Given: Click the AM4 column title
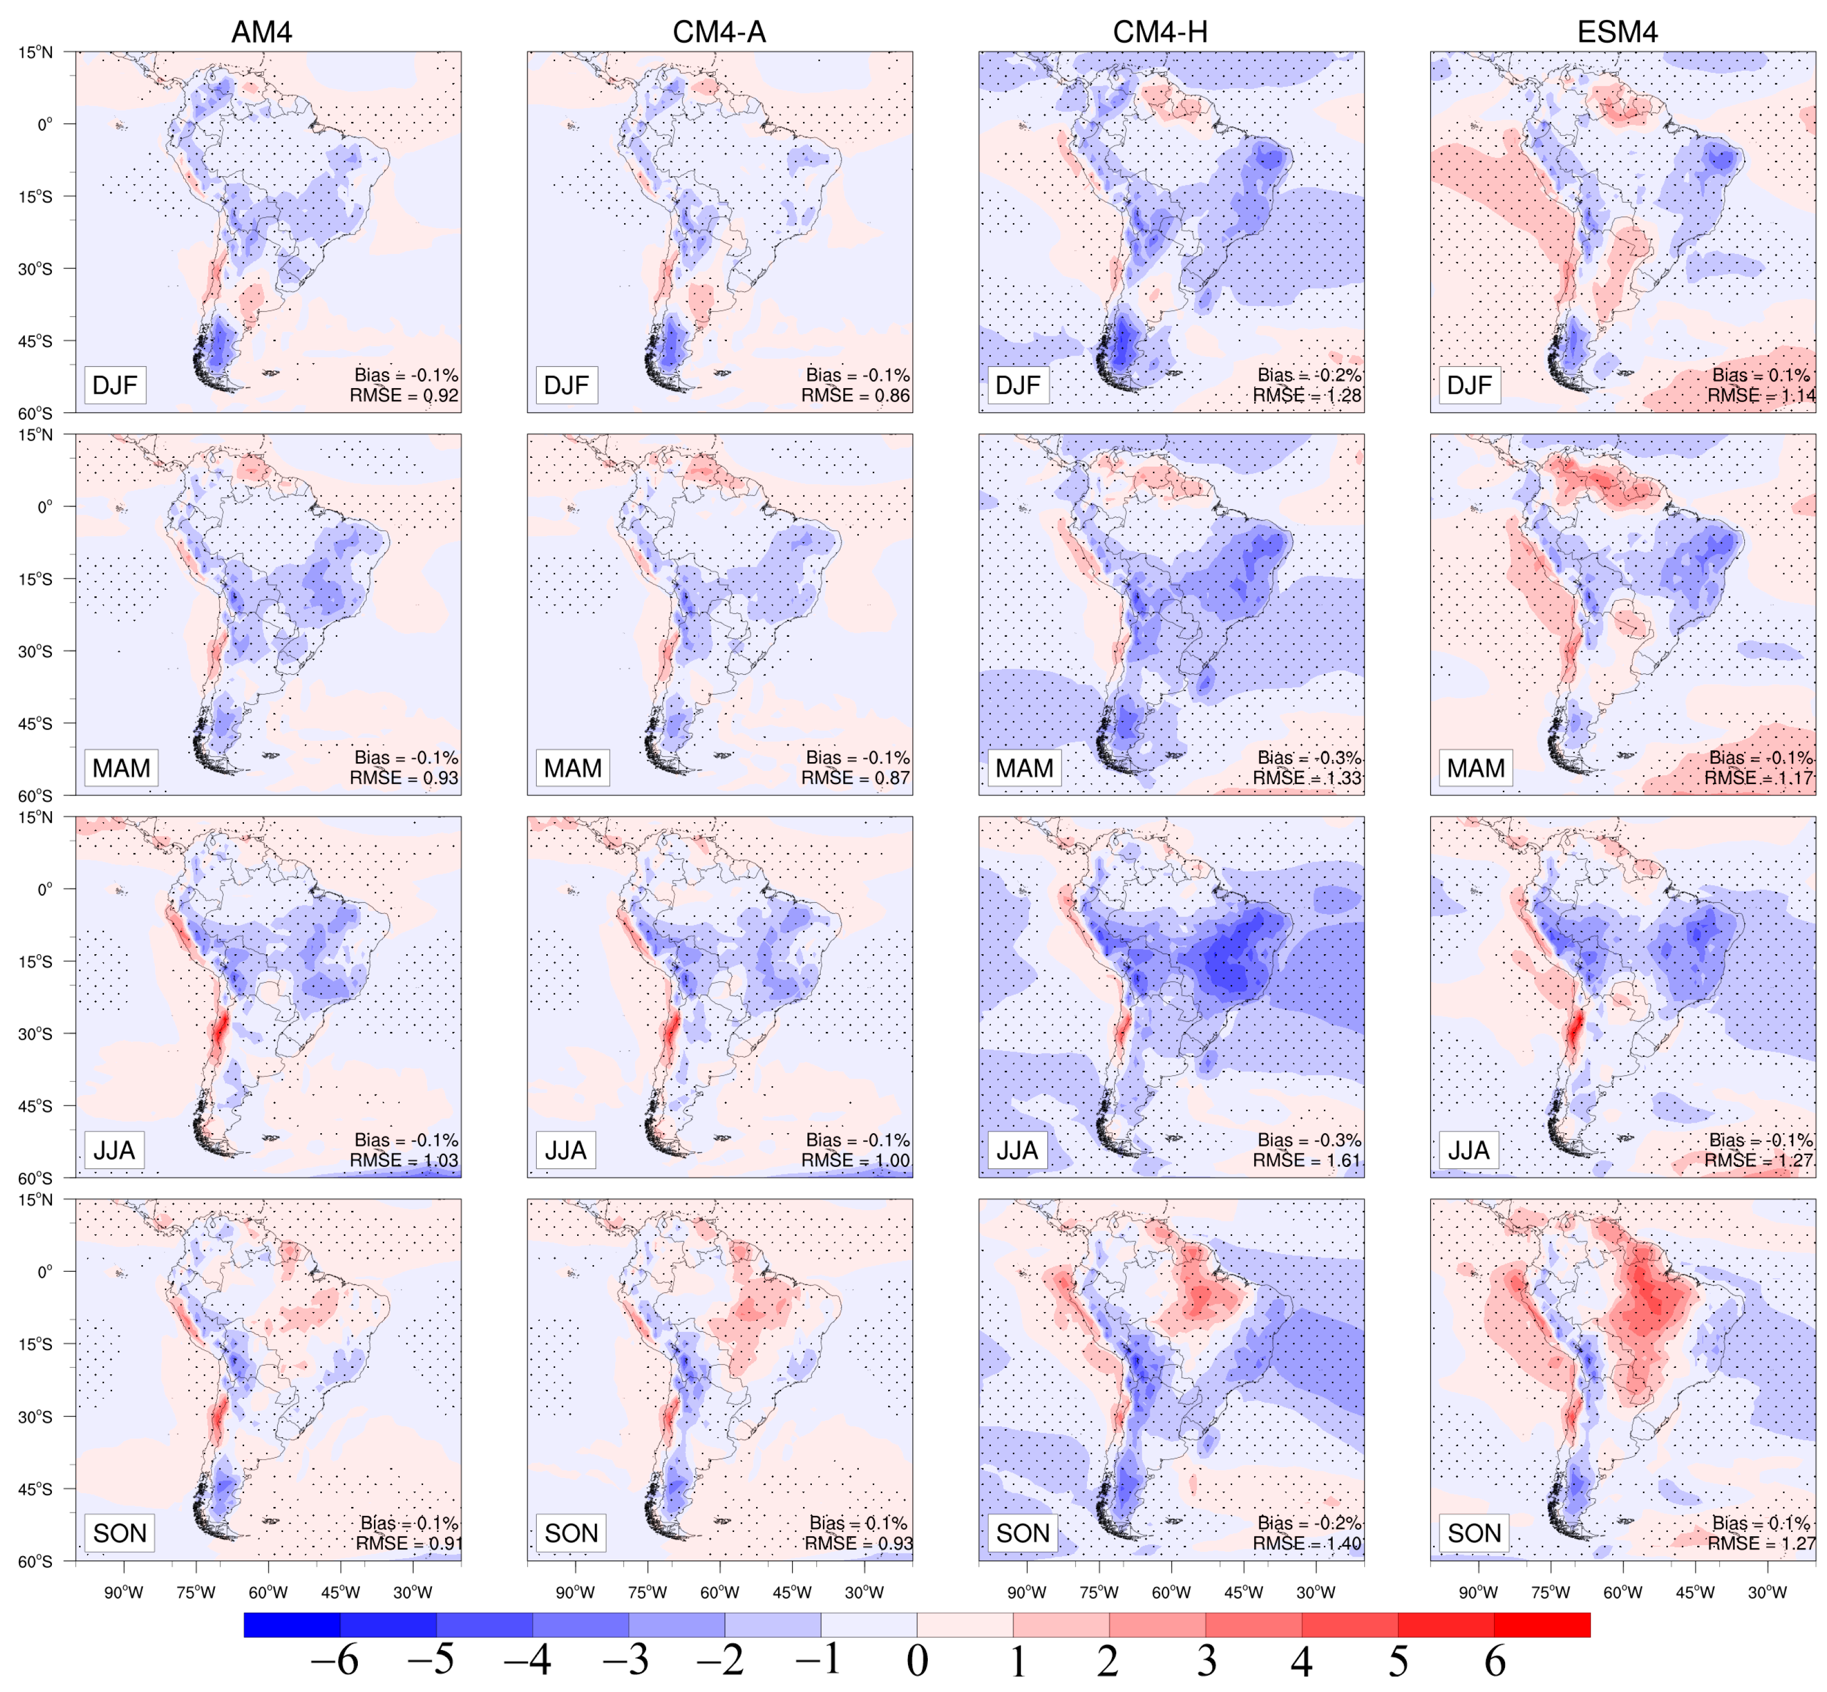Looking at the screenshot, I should tap(261, 32).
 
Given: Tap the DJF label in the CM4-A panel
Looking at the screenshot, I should tap(566, 384).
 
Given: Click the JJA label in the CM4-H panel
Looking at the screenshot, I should tap(1017, 1150).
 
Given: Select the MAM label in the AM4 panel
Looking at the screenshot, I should tap(121, 767).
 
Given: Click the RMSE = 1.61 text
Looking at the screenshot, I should tap(1307, 1160).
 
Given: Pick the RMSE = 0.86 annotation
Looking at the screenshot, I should tap(856, 395).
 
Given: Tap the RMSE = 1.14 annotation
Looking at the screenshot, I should tap(1760, 395).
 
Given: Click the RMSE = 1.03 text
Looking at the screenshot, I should tap(404, 1160).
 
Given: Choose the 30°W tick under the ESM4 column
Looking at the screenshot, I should tap(1767, 1592).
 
